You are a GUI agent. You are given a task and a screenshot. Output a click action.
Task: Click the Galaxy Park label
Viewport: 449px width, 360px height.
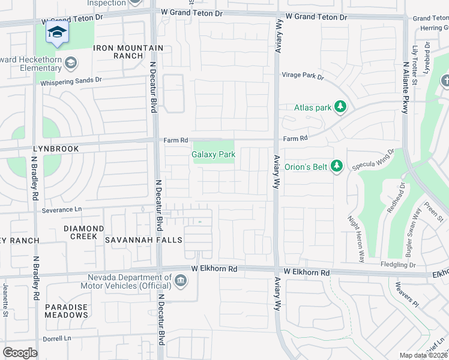point(213,155)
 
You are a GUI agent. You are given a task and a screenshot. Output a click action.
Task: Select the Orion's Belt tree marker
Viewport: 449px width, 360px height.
point(337,166)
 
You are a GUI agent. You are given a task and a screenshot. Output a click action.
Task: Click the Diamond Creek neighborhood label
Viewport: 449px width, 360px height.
point(80,232)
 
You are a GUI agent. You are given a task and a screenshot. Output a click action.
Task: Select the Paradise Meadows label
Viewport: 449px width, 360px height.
point(67,311)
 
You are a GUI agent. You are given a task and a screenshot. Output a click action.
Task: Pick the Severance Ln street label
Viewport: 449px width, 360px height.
point(61,210)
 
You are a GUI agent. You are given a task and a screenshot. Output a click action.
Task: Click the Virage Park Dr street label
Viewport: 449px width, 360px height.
point(303,77)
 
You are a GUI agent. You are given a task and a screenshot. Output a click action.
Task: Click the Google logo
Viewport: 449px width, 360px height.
point(20,352)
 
